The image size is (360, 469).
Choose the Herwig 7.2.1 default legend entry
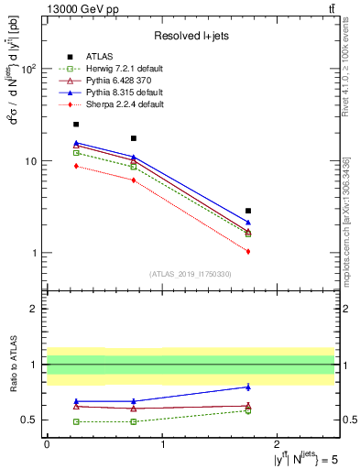[x=118, y=69]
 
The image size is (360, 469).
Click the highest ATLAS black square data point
[x=76, y=124]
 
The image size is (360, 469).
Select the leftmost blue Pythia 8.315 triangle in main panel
[x=76, y=143]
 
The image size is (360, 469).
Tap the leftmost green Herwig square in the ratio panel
[x=76, y=421]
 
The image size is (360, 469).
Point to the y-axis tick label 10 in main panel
[x=32, y=161]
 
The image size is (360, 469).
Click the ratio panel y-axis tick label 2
[x=36, y=309]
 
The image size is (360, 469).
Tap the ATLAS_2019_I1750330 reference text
[x=191, y=274]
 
